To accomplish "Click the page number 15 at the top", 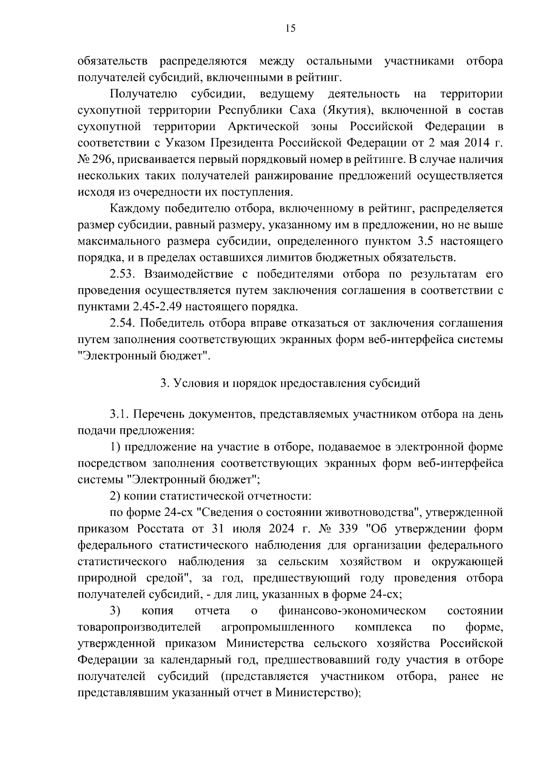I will click(x=290, y=28).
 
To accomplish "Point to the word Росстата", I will click(x=148, y=529).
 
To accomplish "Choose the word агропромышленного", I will click(x=278, y=627).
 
